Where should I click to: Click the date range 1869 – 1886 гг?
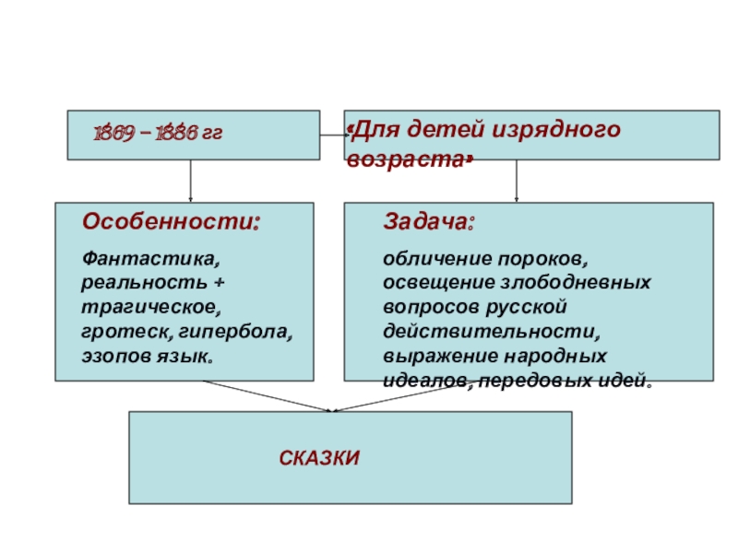coord(158,135)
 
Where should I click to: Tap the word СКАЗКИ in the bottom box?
coord(319,457)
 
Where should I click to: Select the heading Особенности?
coord(171,222)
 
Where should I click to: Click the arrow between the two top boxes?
coord(331,135)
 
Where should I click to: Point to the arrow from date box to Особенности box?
coord(191,181)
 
